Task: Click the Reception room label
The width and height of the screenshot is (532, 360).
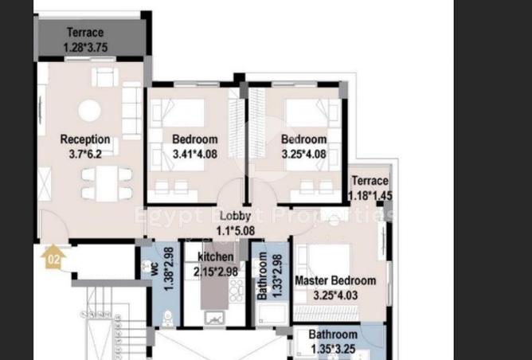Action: [x=85, y=139]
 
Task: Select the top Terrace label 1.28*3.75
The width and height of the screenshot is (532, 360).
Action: [x=85, y=40]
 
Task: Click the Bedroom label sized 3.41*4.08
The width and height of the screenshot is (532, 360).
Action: [x=194, y=146]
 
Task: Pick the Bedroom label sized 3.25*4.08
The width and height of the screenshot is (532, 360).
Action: [x=303, y=146]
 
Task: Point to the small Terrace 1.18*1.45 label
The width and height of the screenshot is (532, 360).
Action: [x=370, y=188]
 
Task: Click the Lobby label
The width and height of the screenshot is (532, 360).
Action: [x=235, y=216]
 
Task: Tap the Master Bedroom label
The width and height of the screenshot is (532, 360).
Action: [x=335, y=280]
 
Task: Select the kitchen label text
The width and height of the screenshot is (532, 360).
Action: [x=215, y=257]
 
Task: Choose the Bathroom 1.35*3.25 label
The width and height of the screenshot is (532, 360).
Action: [x=333, y=341]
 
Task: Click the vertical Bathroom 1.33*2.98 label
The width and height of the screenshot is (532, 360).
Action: [x=263, y=276]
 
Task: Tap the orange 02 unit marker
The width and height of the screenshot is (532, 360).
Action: [x=53, y=258]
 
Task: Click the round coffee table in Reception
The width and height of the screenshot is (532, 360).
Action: [x=89, y=110]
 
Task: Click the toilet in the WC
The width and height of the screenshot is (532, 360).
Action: [x=166, y=318]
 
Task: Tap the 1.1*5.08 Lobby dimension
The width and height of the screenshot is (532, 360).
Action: [x=235, y=232]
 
